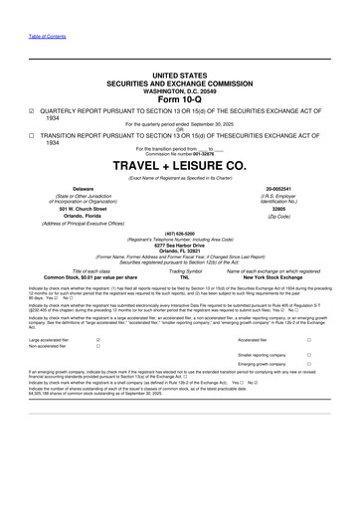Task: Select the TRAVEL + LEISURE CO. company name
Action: [180, 165]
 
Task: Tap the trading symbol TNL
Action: [180, 277]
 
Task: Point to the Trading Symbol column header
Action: [180, 270]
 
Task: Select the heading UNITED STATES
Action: [180, 75]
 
